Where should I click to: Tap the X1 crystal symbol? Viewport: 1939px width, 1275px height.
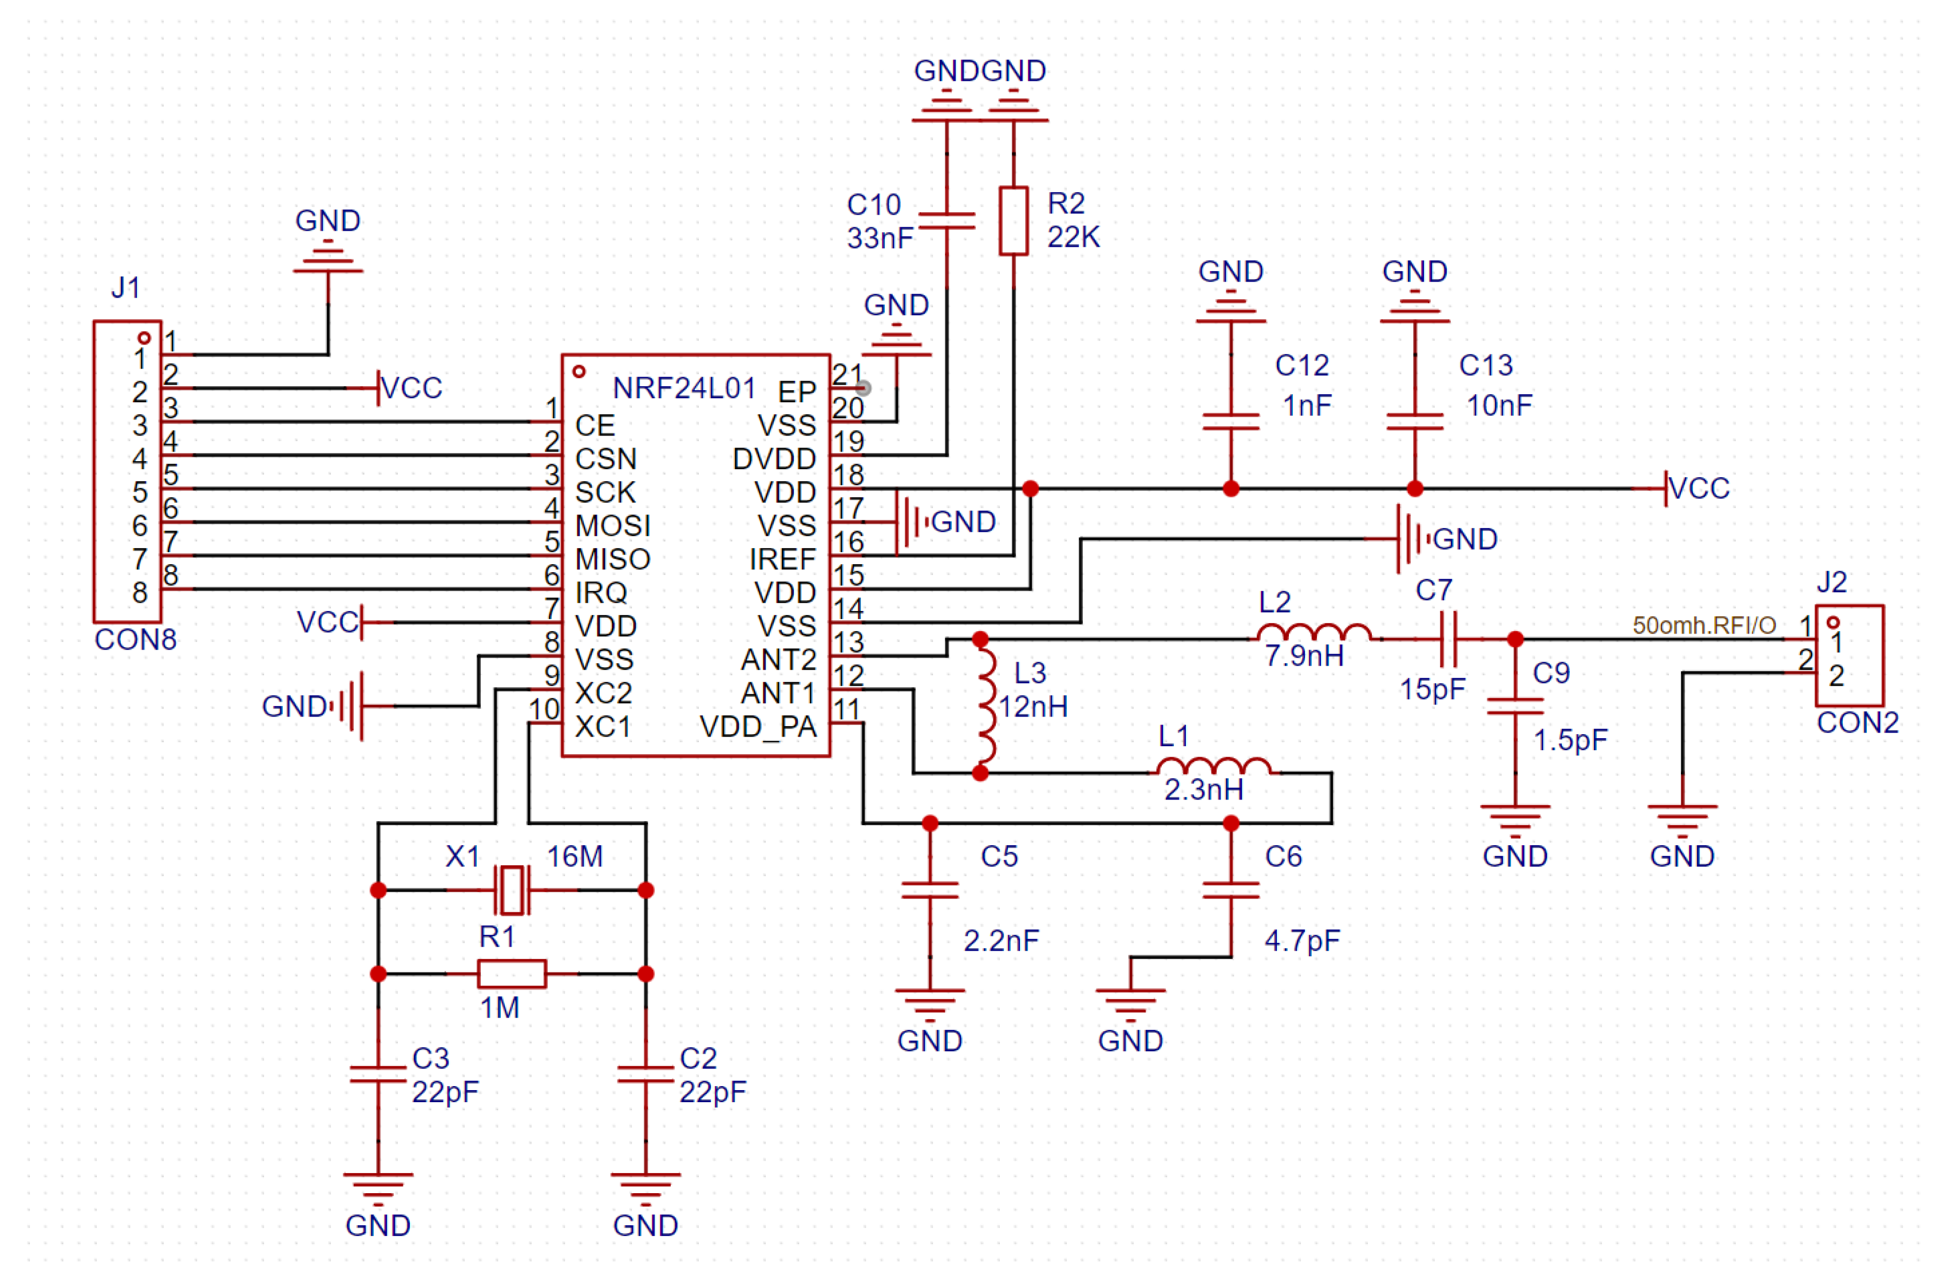point(512,890)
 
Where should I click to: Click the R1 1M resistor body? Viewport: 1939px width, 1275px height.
point(512,973)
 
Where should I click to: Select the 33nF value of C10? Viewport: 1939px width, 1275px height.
point(879,239)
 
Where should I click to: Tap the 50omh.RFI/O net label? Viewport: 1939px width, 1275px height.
point(1704,625)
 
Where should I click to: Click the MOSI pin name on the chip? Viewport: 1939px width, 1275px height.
point(612,525)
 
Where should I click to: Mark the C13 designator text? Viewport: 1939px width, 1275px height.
point(1485,365)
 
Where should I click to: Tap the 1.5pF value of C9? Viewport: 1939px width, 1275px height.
point(1569,740)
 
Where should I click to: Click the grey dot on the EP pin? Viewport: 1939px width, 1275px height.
point(864,389)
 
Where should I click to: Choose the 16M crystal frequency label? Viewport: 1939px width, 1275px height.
point(575,856)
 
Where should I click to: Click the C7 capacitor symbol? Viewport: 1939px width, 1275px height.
point(1449,640)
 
